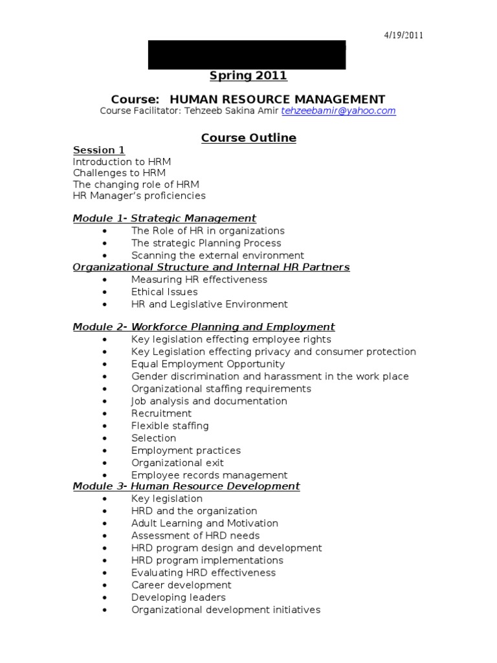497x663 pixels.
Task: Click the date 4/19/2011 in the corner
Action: (403, 36)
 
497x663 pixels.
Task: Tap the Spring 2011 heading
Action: (248, 76)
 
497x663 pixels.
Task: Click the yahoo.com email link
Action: (339, 111)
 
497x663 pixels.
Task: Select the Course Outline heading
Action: (248, 138)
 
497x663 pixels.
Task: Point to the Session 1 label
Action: (98, 150)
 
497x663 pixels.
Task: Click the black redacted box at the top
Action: (247, 54)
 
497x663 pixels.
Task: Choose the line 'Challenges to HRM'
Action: (119, 173)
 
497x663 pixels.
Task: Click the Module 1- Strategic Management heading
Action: (164, 218)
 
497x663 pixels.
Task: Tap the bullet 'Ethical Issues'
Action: (164, 292)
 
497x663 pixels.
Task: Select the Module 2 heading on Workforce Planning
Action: (204, 327)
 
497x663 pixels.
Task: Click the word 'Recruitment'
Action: (161, 413)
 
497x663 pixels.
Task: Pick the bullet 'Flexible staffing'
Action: (170, 425)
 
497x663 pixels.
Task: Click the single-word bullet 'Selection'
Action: (153, 438)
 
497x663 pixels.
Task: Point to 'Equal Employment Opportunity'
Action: (208, 364)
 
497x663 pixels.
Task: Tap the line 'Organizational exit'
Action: (177, 463)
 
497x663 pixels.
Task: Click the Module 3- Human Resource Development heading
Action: (186, 486)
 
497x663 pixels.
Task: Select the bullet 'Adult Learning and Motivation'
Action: (204, 523)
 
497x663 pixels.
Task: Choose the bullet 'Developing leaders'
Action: (178, 597)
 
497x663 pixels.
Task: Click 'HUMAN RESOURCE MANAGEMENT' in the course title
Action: (277, 99)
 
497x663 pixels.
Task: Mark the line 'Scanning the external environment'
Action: (217, 256)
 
